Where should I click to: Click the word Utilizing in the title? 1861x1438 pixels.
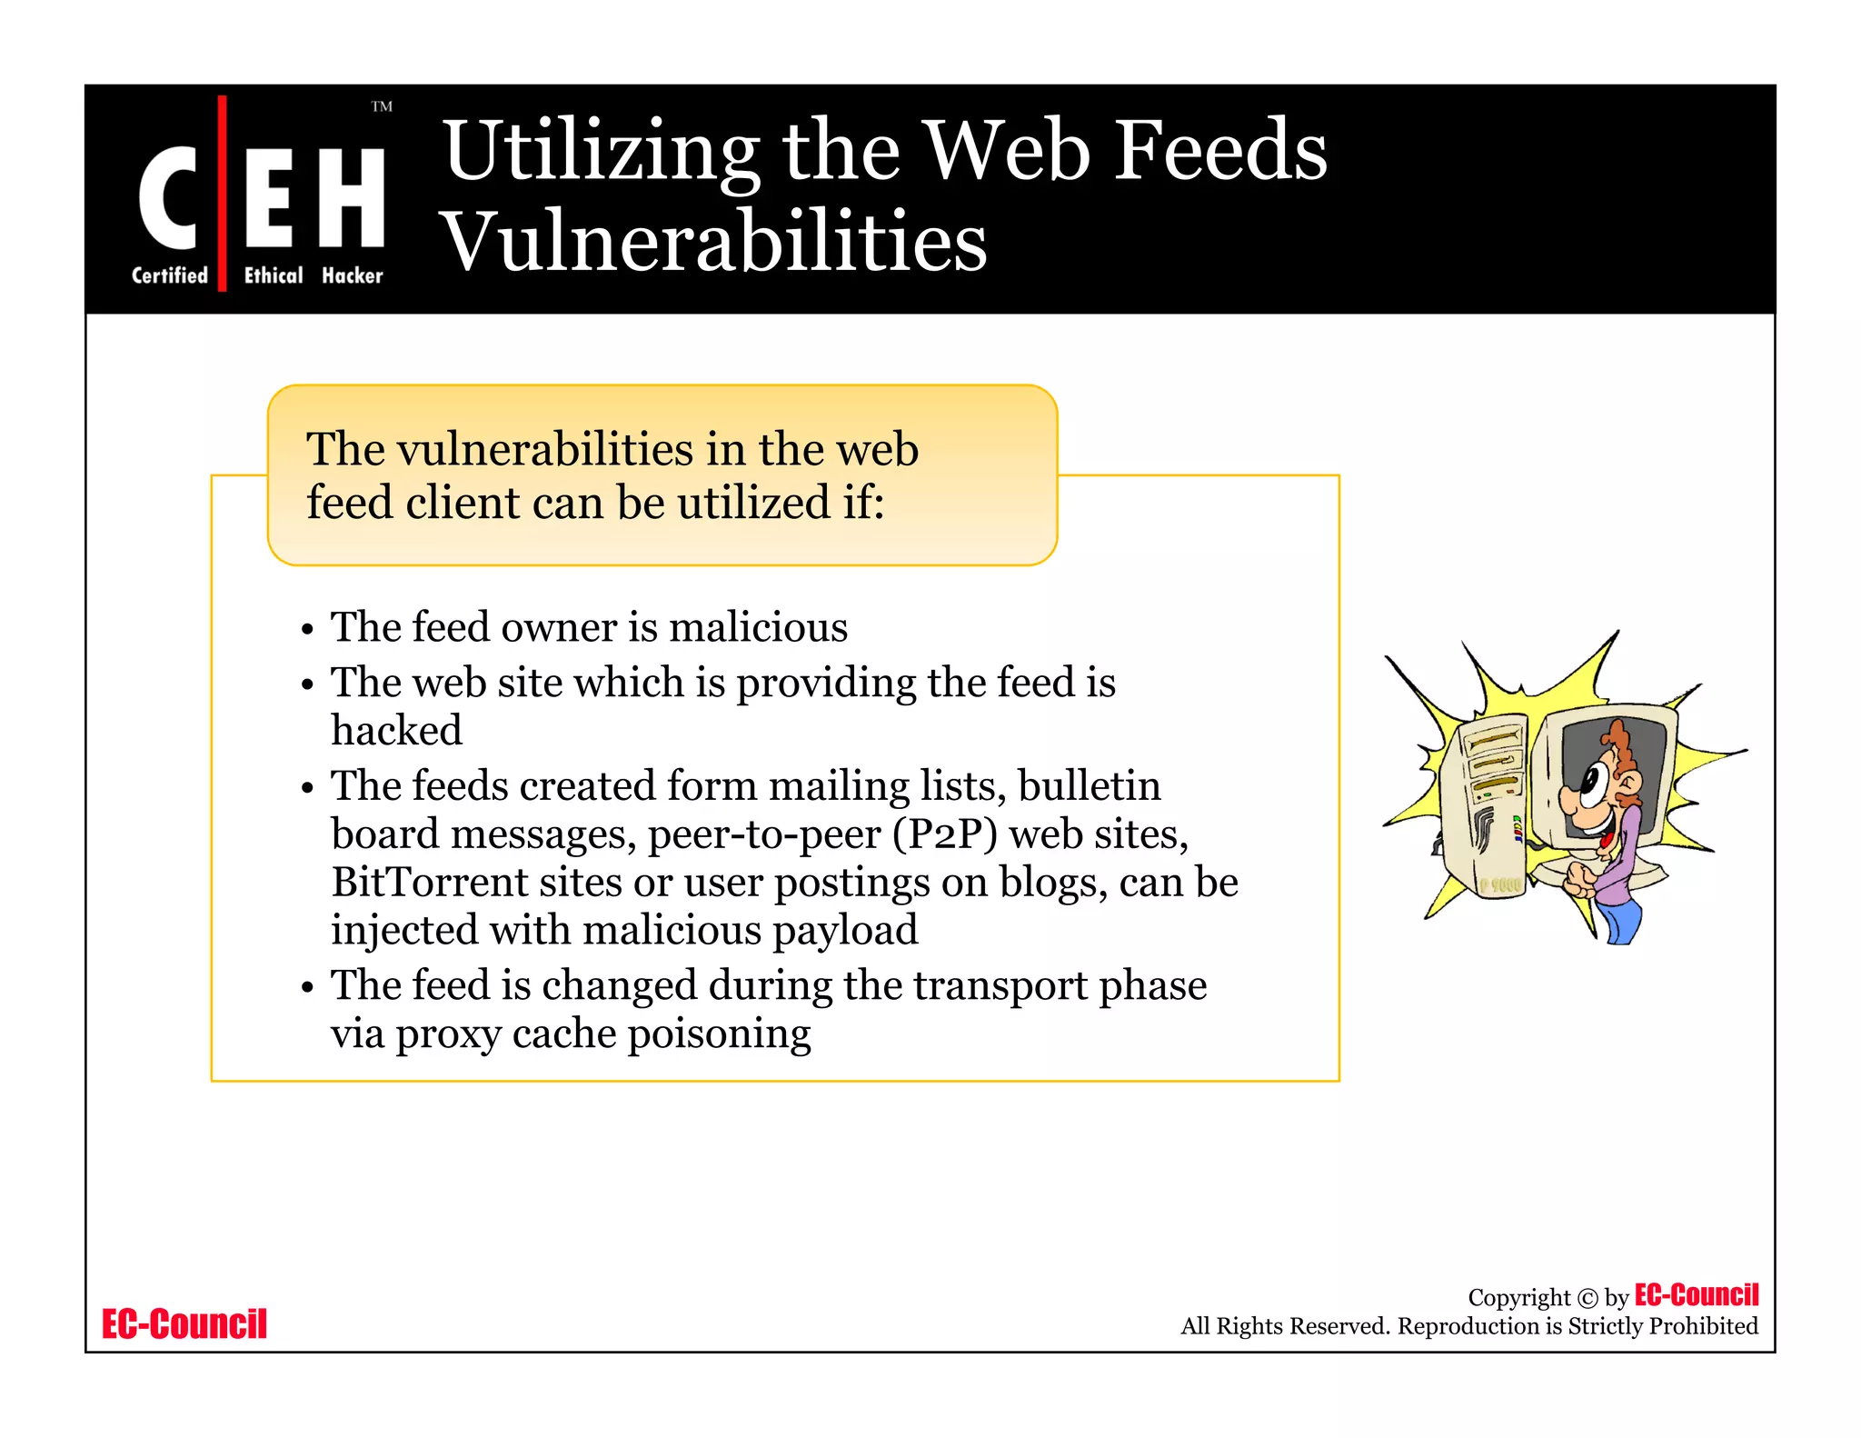pos(601,153)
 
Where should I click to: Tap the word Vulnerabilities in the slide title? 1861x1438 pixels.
pos(714,242)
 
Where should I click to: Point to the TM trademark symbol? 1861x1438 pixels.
pos(382,107)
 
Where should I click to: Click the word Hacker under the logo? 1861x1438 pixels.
pos(353,275)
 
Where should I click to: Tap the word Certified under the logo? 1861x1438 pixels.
pos(170,275)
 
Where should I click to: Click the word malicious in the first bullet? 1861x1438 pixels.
pos(758,628)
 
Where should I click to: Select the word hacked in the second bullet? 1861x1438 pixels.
pos(396,731)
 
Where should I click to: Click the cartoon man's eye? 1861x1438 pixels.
pos(1592,781)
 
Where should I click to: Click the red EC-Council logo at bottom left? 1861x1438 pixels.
pos(184,1324)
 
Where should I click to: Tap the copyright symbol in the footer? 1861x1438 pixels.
pos(1587,1298)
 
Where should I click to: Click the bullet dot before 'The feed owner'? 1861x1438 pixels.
pos(308,629)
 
